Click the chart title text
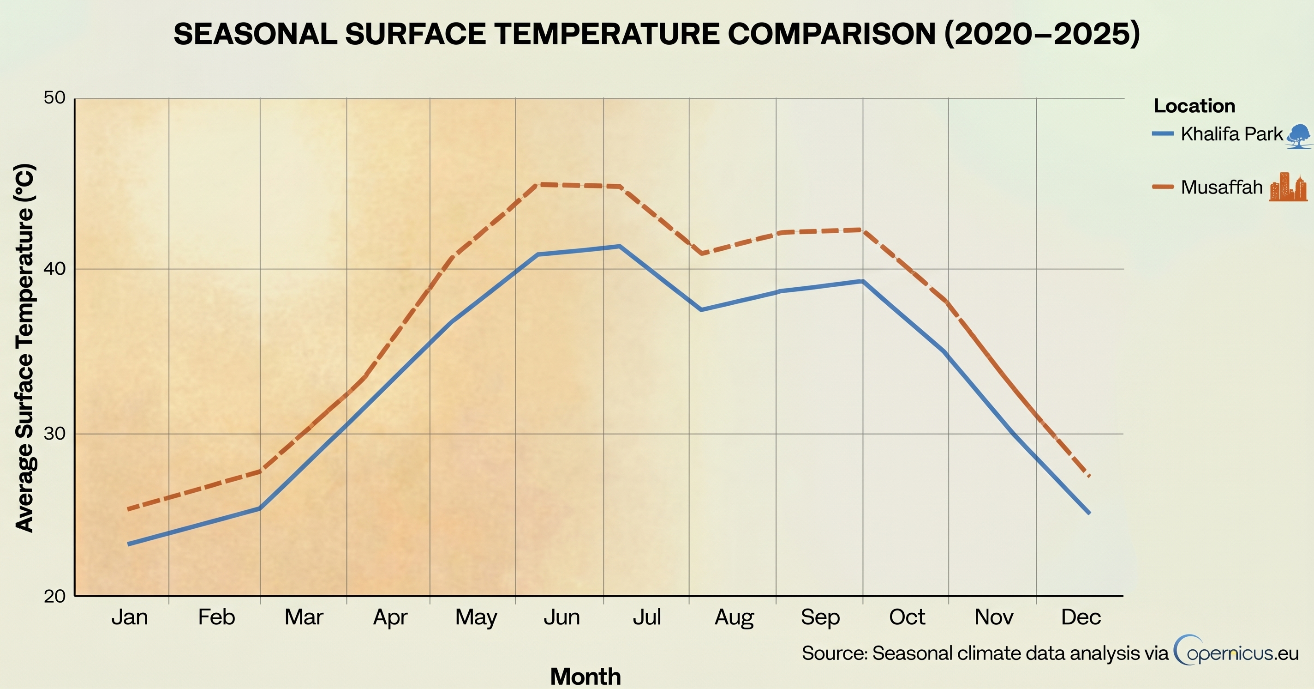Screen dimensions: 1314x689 (657, 34)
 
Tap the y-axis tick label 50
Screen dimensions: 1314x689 (55, 97)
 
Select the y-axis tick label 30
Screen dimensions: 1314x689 (55, 434)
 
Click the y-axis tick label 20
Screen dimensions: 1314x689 (55, 596)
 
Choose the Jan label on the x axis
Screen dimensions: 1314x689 (130, 617)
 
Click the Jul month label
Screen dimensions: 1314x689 (647, 617)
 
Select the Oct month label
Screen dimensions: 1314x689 (907, 617)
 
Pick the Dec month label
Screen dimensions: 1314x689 (1081, 617)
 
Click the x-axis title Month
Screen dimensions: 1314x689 (585, 677)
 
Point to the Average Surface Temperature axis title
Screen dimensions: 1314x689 (25, 348)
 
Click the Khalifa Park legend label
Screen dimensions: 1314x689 (1231, 134)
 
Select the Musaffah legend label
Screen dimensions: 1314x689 (1222, 187)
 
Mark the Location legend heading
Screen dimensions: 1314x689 (1194, 106)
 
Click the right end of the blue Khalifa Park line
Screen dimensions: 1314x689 (1088, 513)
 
